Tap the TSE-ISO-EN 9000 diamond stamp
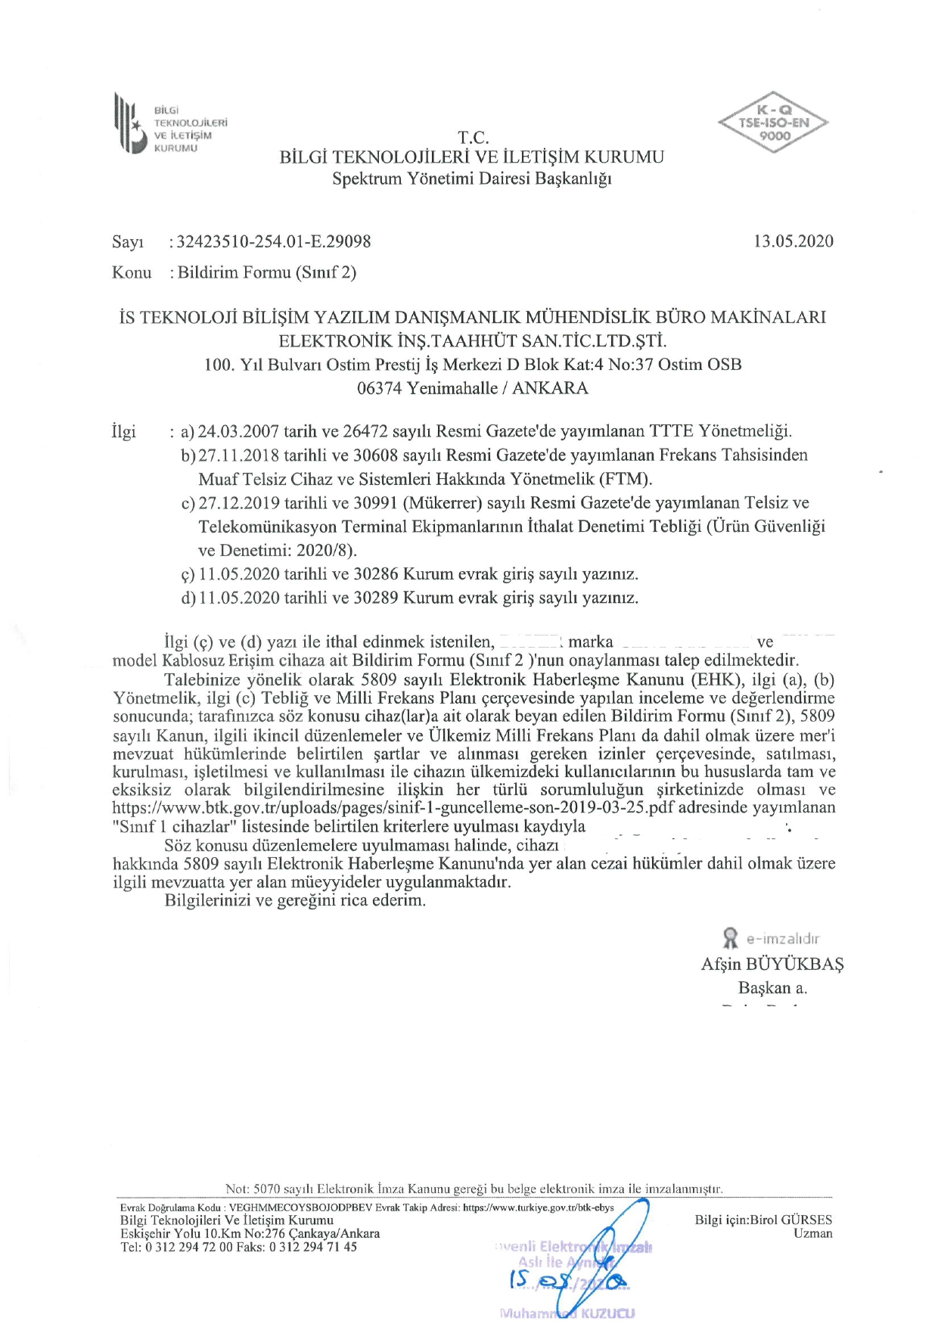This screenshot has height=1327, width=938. point(773,123)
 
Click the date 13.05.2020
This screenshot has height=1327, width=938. point(793,241)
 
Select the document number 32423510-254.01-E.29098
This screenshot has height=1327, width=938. point(274,241)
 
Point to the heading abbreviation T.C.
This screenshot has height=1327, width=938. point(473,138)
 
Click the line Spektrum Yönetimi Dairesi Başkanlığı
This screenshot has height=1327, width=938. point(472,179)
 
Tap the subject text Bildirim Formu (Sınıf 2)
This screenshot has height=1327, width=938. point(267,272)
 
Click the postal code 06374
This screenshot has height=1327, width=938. point(380,388)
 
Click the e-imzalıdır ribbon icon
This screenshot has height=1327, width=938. point(730,938)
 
